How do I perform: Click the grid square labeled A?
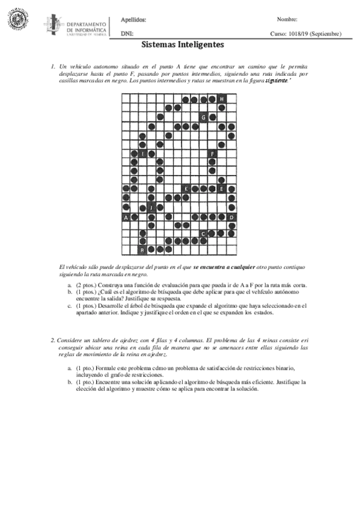click(x=126, y=217)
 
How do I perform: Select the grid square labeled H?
click(x=222, y=99)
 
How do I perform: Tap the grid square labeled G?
click(x=204, y=117)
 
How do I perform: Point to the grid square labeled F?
click(x=212, y=154)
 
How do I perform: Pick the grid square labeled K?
click(x=186, y=189)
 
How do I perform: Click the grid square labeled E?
click(x=222, y=189)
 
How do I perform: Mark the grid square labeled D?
click(x=231, y=217)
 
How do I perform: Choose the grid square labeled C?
click(x=204, y=233)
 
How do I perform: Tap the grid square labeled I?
click(x=142, y=154)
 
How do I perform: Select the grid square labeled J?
click(x=151, y=207)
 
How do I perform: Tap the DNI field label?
click(x=126, y=34)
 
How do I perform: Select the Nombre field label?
click(x=287, y=20)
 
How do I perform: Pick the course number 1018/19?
click(x=299, y=34)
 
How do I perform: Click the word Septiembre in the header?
click(x=327, y=34)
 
